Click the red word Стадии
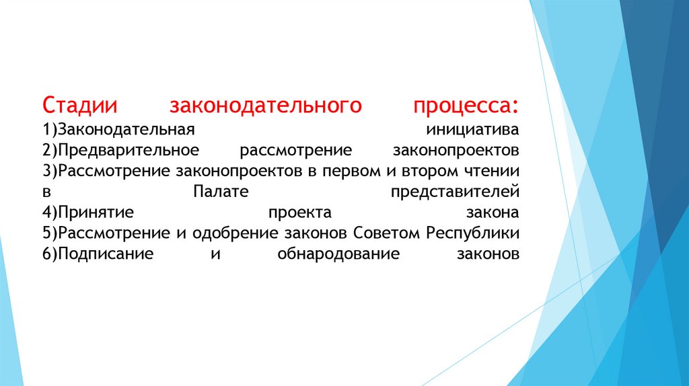[80, 106]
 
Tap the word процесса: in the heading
[466, 106]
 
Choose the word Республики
[473, 234]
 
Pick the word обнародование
[338, 256]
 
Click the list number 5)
[48, 234]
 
